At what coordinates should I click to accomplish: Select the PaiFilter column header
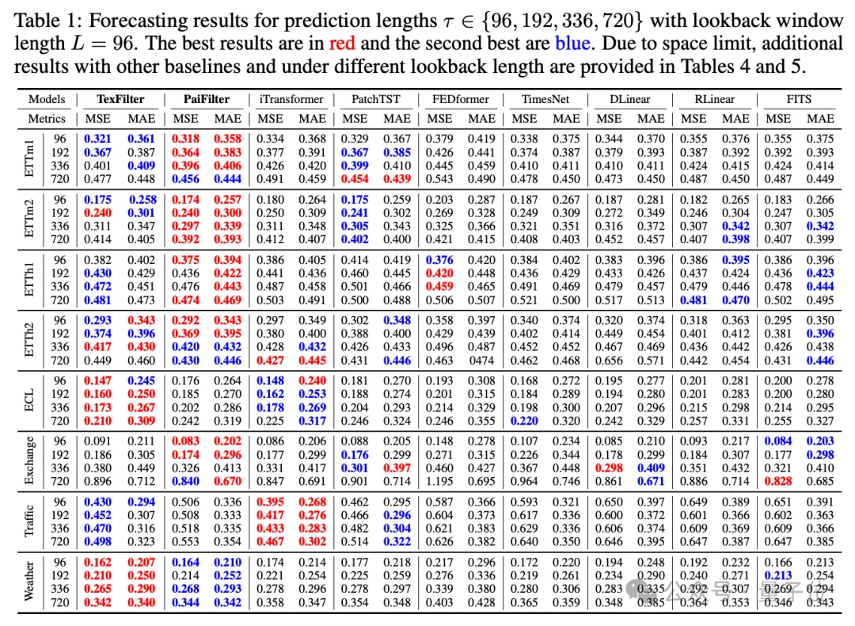pos(207,99)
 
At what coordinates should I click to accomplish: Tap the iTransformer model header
pos(291,99)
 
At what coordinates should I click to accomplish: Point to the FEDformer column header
pos(461,99)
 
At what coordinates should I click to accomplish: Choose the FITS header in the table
pos(800,99)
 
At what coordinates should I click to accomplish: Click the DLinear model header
pos(630,99)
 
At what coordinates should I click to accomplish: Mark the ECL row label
pos(29,399)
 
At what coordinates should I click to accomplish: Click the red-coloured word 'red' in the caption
pos(342,43)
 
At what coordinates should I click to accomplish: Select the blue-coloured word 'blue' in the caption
pos(571,43)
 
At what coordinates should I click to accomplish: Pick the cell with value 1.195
pos(439,480)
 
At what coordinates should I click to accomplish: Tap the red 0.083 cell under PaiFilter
pos(185,441)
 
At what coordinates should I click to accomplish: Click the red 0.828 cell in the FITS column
pos(778,480)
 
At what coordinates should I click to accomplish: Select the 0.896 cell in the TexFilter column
pos(101,480)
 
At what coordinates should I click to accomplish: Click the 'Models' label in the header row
pos(47,99)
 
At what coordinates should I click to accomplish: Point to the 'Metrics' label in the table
pos(47,118)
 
